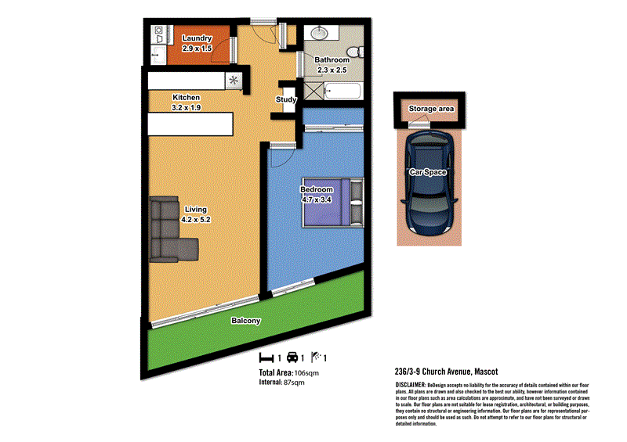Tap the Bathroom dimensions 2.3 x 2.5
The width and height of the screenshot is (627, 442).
coord(332,70)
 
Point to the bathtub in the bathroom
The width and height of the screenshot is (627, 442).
coord(342,92)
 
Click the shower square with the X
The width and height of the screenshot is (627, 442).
coord(313,92)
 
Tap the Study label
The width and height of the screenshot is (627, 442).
coord(285,100)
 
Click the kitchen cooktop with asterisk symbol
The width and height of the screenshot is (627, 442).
coord(234,79)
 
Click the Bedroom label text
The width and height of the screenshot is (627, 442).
coord(317,189)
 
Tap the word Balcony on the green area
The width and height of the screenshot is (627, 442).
coord(245,321)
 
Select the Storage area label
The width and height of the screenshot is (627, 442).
coord(432,109)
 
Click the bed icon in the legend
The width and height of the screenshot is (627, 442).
coord(266,358)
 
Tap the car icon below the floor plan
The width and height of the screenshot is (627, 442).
coord(293,358)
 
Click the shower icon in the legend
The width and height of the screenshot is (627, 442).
coord(317,358)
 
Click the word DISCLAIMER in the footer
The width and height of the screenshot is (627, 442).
coord(410,386)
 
